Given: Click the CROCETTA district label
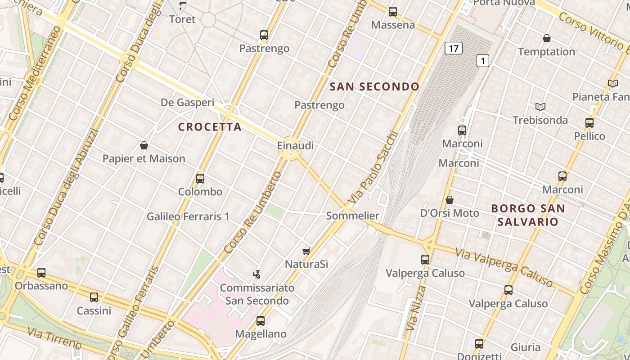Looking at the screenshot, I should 210,127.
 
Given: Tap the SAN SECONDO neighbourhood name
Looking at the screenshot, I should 374,87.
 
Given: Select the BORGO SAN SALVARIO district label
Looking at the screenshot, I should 528,215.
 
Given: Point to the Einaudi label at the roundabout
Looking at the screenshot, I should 295,146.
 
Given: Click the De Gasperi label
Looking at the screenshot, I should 187,103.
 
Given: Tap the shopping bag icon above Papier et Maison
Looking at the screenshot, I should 144,145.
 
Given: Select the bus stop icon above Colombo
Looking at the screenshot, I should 200,179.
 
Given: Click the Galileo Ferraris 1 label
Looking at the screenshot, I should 188,216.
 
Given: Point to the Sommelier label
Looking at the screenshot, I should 352,216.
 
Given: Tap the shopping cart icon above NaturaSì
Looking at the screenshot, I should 306,251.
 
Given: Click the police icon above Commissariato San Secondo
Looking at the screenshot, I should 257,274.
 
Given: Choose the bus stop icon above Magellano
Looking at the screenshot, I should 261,321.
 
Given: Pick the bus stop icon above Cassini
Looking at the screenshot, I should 94,297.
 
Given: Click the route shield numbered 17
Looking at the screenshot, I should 454,48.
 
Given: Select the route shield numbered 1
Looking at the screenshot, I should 483,61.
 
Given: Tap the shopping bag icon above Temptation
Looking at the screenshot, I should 547,39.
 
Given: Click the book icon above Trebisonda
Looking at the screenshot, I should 540,107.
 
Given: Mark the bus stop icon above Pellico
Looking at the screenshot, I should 589,122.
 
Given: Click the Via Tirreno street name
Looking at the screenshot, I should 54,338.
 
